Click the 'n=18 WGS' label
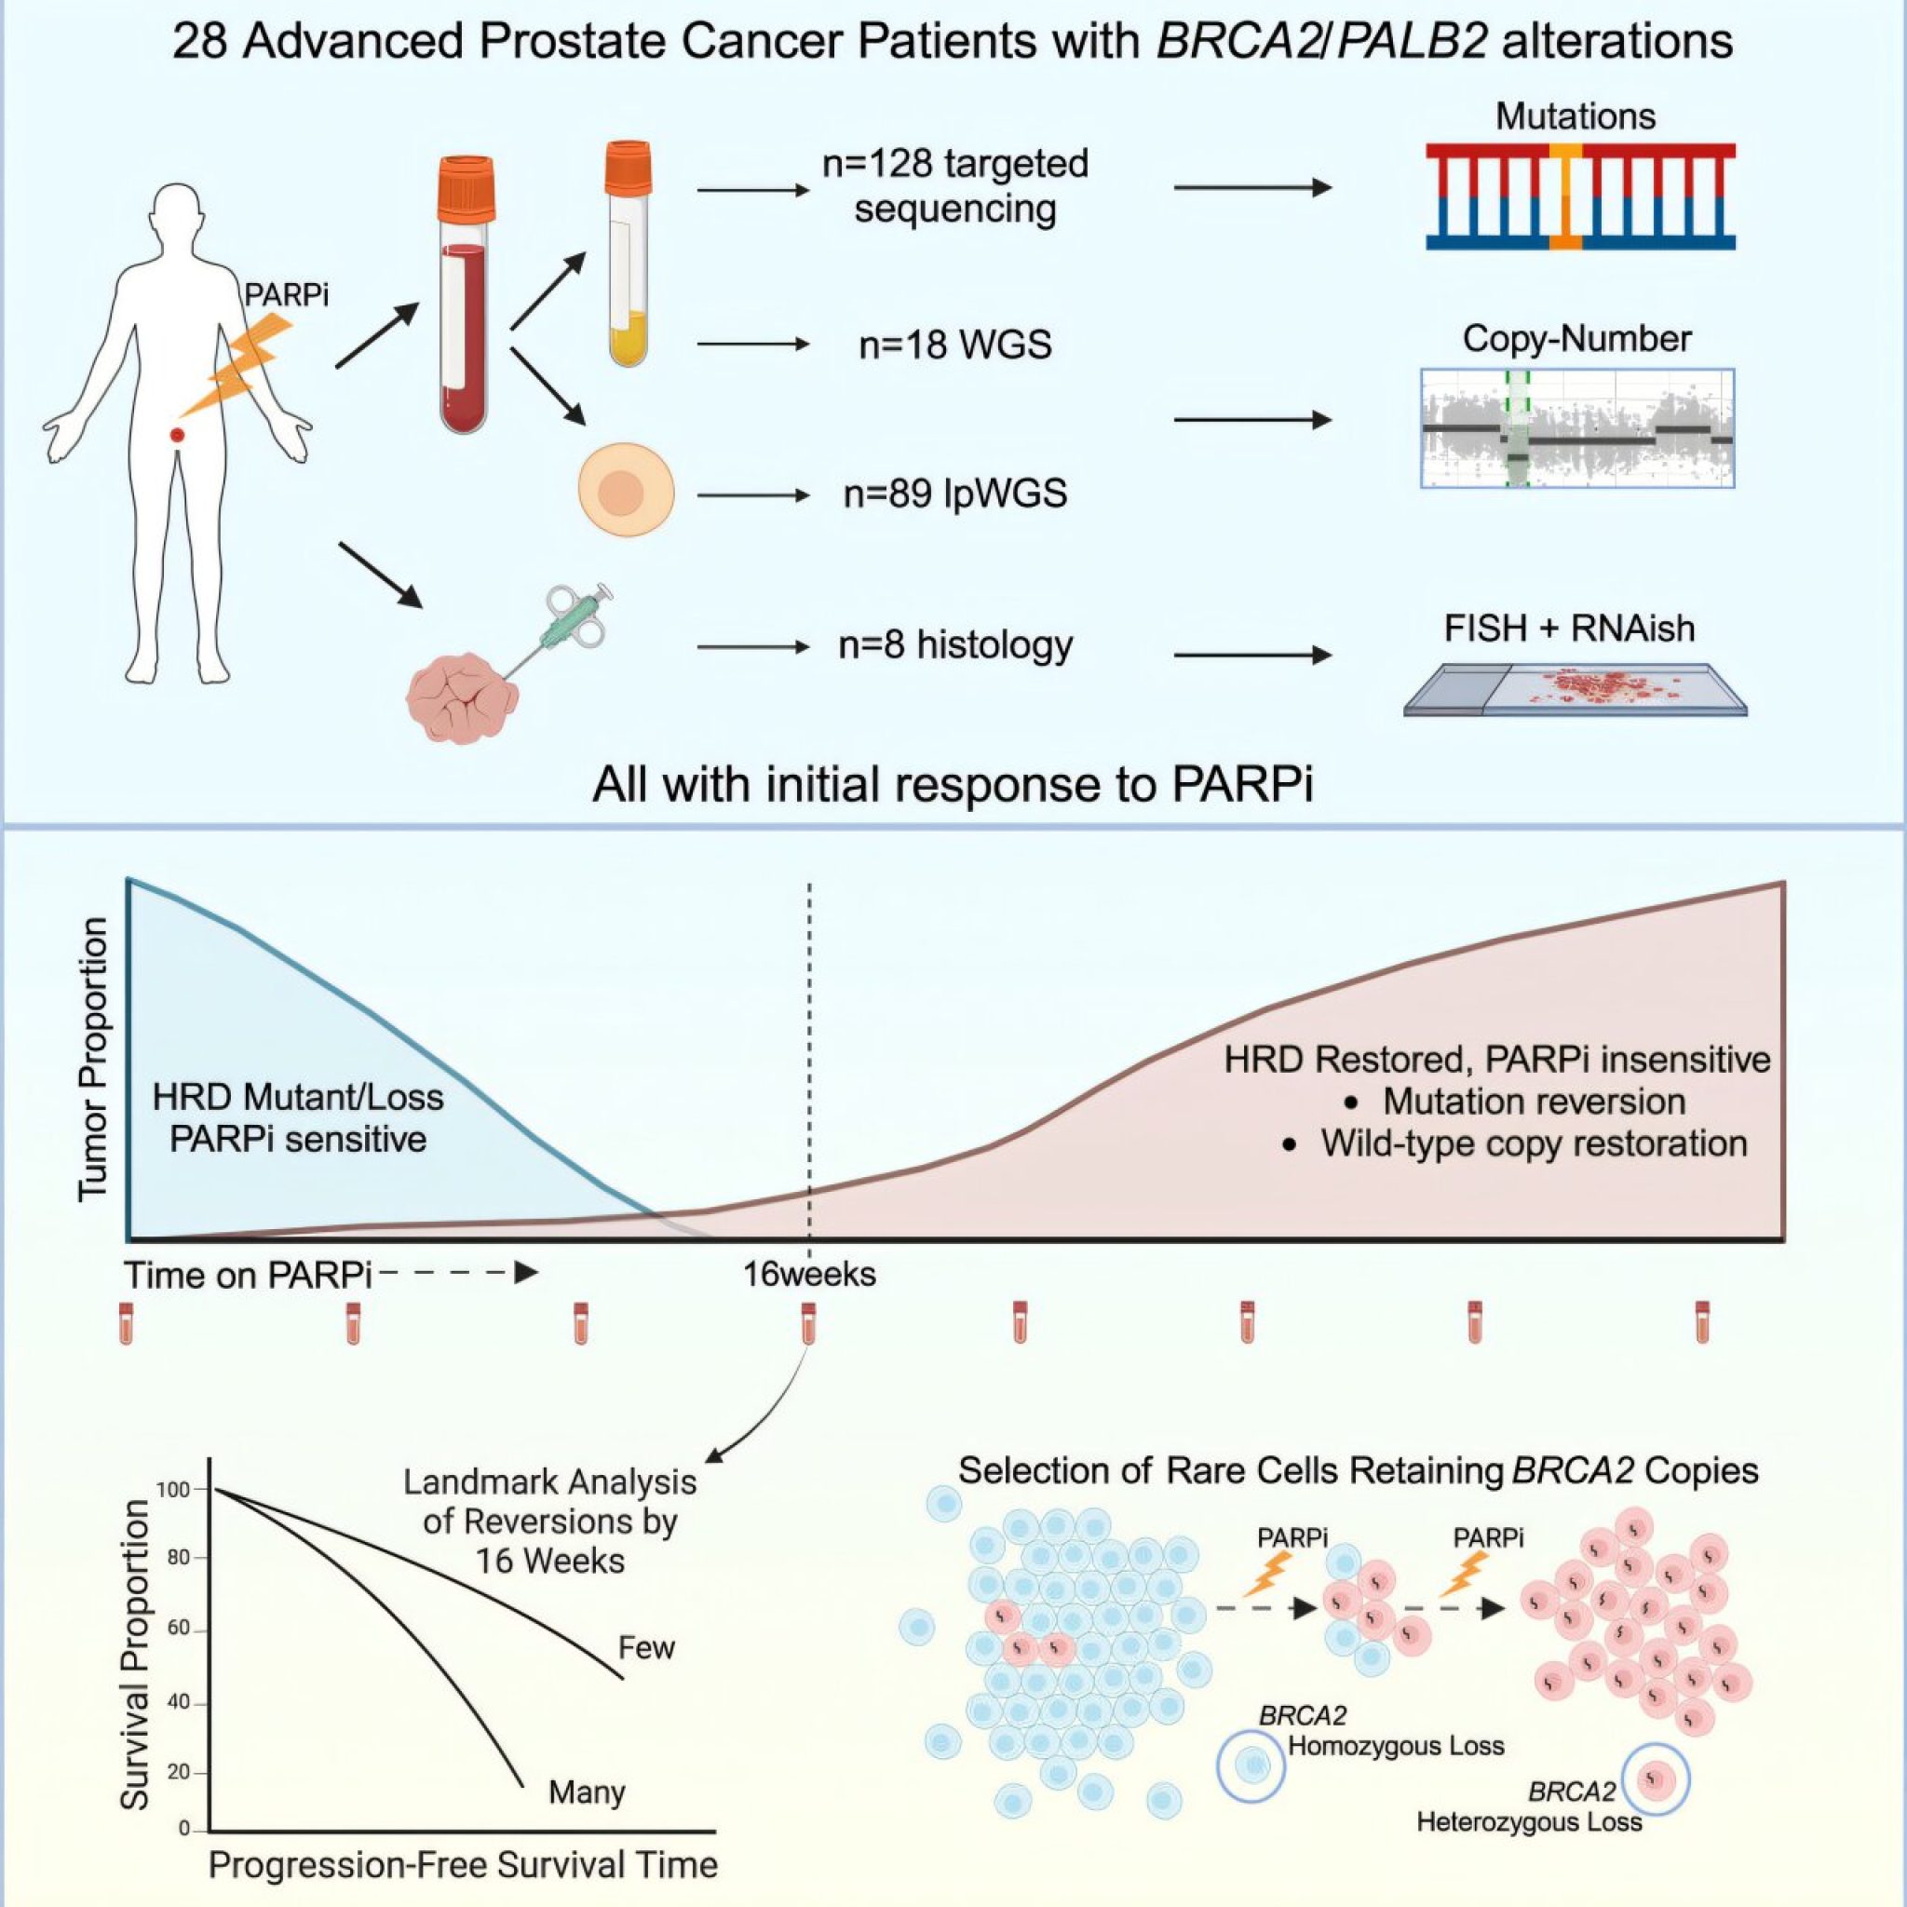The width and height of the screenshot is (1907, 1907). click(x=954, y=345)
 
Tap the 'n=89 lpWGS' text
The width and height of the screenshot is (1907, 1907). click(x=954, y=494)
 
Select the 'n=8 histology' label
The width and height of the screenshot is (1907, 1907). click(x=954, y=645)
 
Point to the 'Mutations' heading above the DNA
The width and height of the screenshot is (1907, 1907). click(x=1576, y=116)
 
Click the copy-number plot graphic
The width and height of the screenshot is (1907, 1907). click(x=1576, y=427)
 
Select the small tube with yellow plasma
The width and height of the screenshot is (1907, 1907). click(x=628, y=252)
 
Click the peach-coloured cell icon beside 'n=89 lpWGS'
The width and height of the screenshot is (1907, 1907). click(x=626, y=492)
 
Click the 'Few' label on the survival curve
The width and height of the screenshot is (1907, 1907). click(x=645, y=1647)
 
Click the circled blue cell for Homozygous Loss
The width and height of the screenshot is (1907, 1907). click(x=1251, y=1763)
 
